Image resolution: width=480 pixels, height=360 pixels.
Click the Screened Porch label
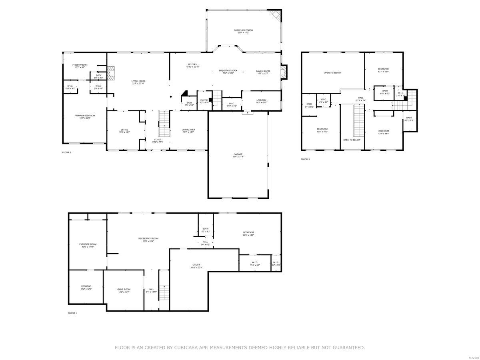point(243,30)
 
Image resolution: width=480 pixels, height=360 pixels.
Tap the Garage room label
point(238,154)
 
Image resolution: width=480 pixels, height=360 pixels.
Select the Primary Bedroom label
point(85,116)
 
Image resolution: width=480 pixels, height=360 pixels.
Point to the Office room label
point(124,130)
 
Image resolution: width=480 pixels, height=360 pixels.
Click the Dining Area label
point(188,130)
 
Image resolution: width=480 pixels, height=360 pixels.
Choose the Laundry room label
point(261,100)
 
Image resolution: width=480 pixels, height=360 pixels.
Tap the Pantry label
point(204,100)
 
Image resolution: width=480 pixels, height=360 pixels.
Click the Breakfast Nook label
point(228,71)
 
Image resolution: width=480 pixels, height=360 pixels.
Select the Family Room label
point(263,71)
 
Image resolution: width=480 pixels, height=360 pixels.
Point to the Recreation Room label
point(148,238)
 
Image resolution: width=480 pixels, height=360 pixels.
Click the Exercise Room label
point(88,244)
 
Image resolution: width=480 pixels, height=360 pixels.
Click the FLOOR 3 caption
point(305,159)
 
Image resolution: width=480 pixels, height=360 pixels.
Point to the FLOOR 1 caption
point(72,313)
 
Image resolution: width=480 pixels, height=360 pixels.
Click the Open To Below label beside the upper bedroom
point(332,73)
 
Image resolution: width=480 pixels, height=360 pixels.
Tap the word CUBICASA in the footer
point(185,348)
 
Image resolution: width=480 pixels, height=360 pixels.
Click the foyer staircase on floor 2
point(164,124)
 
